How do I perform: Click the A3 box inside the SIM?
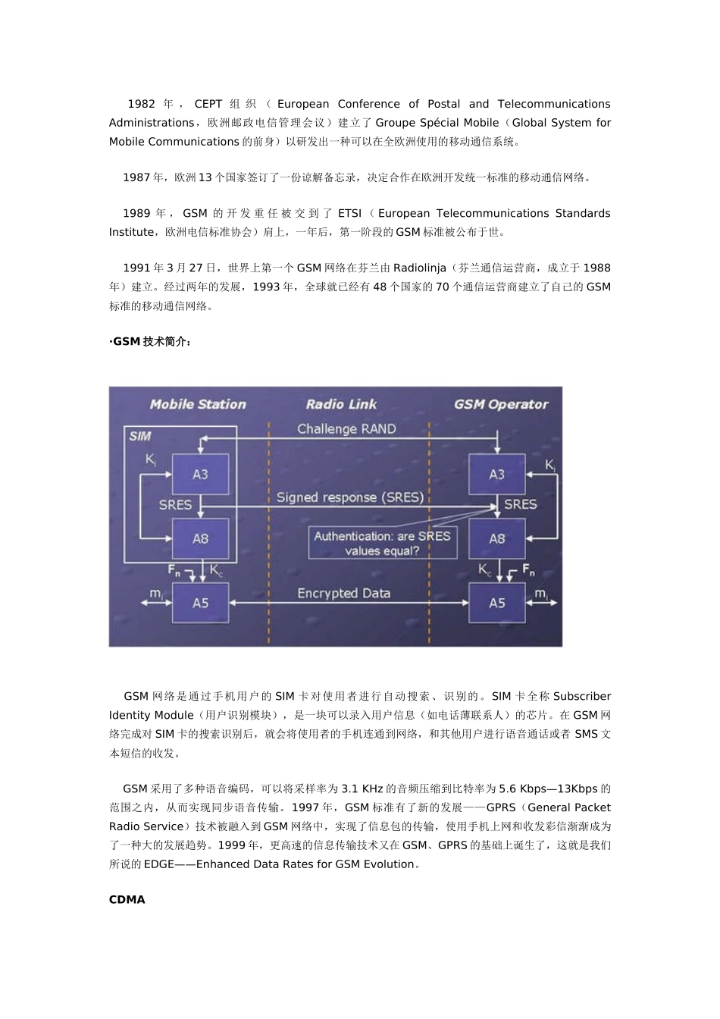[200, 475]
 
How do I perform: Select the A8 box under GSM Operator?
[496, 538]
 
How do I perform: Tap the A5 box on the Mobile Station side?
[200, 603]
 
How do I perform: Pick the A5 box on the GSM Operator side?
[496, 603]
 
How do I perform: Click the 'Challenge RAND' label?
[346, 429]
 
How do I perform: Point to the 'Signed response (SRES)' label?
[349, 497]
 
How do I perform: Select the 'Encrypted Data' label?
[343, 594]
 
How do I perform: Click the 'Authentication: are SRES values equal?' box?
[382, 543]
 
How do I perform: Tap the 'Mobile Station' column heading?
[198, 405]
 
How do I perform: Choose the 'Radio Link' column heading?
[341, 405]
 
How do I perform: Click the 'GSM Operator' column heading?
[501, 405]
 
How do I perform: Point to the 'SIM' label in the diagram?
[140, 436]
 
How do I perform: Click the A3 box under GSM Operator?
[496, 475]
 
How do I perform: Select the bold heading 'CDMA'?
[127, 900]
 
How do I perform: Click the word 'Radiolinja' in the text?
[420, 268]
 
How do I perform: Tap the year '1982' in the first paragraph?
[141, 105]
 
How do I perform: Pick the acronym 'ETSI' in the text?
[349, 214]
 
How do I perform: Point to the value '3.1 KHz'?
[362, 789]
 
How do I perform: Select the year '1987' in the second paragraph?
[136, 177]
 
